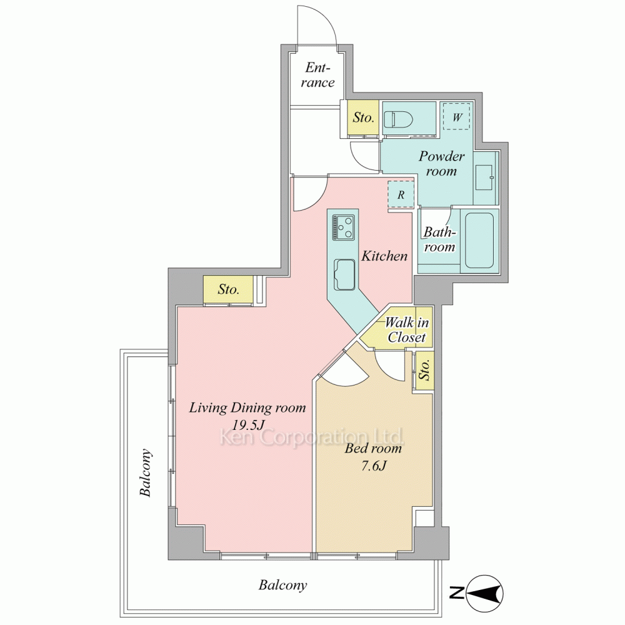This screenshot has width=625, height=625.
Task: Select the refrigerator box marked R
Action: [x=401, y=194]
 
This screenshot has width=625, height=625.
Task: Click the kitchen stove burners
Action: [x=343, y=227]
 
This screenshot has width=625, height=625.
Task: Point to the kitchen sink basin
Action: [x=344, y=274]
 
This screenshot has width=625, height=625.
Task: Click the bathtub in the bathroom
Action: [x=479, y=241]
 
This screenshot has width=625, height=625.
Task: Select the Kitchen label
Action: [x=384, y=256]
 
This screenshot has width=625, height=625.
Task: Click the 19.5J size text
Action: [x=248, y=425]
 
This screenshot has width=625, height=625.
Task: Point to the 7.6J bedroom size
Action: [x=374, y=466]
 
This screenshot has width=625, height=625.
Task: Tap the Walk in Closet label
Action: [x=407, y=329]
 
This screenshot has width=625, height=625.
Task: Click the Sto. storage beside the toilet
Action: [x=363, y=117]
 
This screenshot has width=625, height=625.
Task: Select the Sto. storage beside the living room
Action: [x=228, y=289]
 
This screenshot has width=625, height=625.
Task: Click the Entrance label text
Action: [x=317, y=75]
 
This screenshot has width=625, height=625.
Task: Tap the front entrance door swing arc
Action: [x=327, y=18]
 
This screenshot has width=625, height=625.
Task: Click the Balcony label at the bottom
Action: [x=282, y=585]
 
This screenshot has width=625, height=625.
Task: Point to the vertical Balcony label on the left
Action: [x=146, y=472]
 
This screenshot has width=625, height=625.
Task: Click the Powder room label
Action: [x=441, y=163]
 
